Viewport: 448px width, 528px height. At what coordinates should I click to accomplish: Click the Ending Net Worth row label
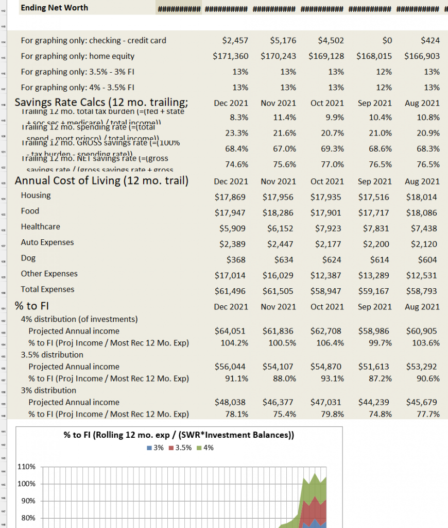tap(54, 8)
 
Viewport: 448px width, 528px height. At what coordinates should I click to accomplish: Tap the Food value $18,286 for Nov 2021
tap(279, 213)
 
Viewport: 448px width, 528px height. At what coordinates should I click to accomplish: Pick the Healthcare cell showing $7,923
tap(328, 228)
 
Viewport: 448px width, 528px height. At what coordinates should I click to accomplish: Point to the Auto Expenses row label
tap(47, 242)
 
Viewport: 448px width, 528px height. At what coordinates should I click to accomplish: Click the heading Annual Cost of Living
tap(101, 181)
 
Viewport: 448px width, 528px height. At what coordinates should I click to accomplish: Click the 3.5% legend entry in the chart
tap(180, 448)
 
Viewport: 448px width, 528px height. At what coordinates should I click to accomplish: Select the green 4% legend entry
tap(205, 448)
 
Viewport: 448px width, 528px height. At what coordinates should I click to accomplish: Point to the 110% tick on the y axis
tap(26, 467)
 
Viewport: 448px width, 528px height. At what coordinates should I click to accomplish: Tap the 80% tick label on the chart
tap(28, 518)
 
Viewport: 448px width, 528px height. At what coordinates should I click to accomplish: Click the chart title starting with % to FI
tap(179, 435)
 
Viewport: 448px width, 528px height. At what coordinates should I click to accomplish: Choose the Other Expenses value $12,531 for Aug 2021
tap(423, 275)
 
